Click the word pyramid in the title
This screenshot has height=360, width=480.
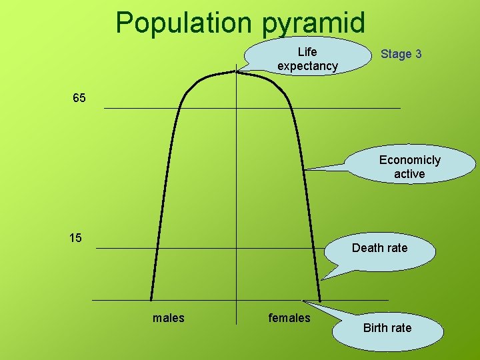click(314, 24)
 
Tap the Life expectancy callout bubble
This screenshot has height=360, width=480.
click(307, 59)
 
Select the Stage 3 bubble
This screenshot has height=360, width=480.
click(401, 54)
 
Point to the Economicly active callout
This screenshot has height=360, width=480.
click(409, 167)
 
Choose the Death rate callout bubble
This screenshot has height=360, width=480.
click(379, 248)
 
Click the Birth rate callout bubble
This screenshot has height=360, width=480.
click(387, 328)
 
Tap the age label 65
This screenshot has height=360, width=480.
click(79, 99)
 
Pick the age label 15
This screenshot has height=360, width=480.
click(75, 238)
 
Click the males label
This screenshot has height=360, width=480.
click(169, 318)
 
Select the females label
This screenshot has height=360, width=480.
click(289, 318)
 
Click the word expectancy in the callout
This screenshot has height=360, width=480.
click(307, 66)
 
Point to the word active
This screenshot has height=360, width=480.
click(409, 174)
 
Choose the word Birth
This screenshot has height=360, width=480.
click(375, 328)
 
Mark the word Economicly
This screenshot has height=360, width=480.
click(409, 160)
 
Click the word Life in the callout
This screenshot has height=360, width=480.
click(307, 51)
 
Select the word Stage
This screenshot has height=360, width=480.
click(395, 54)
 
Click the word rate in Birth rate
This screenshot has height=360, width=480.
click(401, 328)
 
